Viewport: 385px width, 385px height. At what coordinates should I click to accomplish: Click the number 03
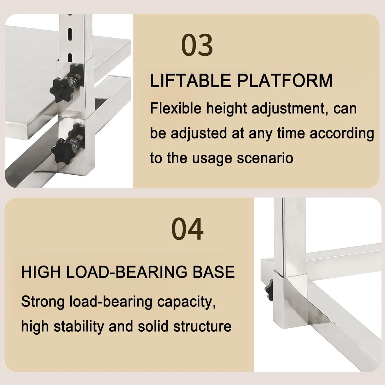click(197, 45)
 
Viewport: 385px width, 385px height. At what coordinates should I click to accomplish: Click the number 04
click(187, 229)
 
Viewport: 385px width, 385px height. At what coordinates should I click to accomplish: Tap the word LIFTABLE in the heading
click(190, 81)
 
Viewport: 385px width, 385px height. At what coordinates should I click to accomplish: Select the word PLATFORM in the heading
click(285, 81)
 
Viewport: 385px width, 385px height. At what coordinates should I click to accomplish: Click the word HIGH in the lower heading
click(41, 272)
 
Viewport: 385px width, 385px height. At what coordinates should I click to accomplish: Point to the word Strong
click(43, 302)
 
